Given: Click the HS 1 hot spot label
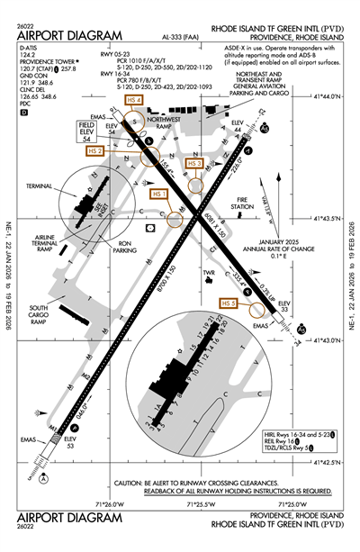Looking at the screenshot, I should [160, 194].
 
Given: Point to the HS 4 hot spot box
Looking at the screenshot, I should [135, 100].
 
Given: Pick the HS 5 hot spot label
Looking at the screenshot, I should [228, 304].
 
